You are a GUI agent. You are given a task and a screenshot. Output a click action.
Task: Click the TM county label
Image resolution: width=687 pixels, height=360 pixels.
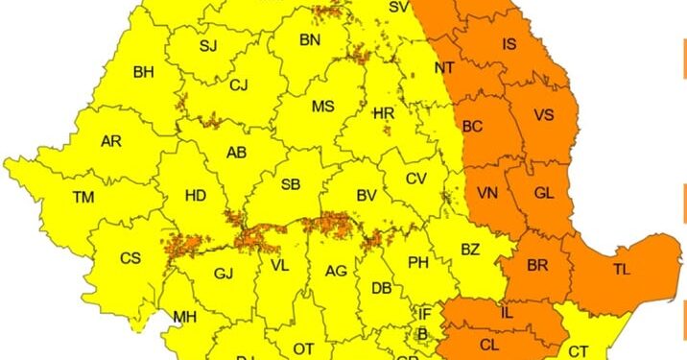pyautogui.click(x=83, y=198)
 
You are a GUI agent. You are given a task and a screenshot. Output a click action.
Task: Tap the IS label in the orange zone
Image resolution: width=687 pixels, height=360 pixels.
pyautogui.click(x=509, y=43)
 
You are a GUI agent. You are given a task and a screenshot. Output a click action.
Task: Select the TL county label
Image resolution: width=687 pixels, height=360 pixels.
pyautogui.click(x=622, y=270)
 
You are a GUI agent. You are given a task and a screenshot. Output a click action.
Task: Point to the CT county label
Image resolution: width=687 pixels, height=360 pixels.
pyautogui.click(x=579, y=352)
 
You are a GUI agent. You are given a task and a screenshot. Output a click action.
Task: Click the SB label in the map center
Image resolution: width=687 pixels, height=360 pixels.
pyautogui.click(x=291, y=185)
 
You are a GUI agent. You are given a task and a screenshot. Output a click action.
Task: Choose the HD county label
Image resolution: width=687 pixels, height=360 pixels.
pyautogui.click(x=195, y=196)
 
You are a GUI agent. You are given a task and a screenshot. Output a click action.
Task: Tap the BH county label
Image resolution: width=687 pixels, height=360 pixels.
pyautogui.click(x=143, y=72)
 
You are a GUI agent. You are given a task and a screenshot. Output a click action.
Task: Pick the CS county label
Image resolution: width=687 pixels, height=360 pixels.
pyautogui.click(x=130, y=258)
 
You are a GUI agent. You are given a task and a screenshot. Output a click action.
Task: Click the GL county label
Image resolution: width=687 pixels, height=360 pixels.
pyautogui.click(x=544, y=194)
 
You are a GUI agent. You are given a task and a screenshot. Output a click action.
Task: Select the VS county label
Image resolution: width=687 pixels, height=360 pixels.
pyautogui.click(x=544, y=115)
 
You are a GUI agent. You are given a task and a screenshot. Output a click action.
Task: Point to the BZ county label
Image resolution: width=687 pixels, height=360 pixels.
pyautogui.click(x=469, y=250)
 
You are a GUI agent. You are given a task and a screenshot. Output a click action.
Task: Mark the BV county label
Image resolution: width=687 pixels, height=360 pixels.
pyautogui.click(x=366, y=196)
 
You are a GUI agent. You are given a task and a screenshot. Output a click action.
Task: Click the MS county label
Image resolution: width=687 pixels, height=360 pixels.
pyautogui.click(x=323, y=107)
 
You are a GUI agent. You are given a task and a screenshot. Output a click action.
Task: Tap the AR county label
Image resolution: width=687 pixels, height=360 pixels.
pyautogui.click(x=111, y=142)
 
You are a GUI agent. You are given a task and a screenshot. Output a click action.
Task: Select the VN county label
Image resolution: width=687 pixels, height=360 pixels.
pyautogui.click(x=487, y=194)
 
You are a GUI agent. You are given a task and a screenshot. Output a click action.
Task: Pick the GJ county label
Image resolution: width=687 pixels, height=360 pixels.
pyautogui.click(x=224, y=275)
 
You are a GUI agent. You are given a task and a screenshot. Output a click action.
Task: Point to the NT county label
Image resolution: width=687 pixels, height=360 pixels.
pyautogui.click(x=444, y=68)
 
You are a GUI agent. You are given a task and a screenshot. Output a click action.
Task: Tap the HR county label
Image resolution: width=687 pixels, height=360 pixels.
pyautogui.click(x=384, y=114)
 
